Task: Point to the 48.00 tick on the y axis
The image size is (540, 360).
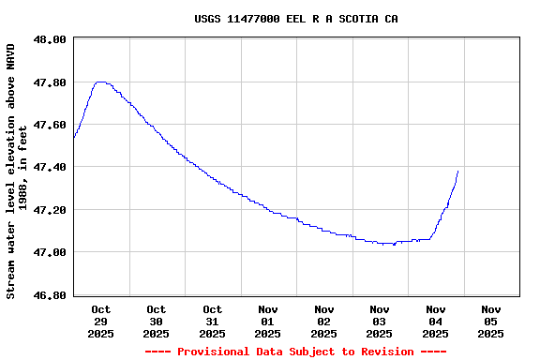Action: click(50, 39)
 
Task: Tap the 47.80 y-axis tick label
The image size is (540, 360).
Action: click(50, 82)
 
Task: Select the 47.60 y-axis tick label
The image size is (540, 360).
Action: click(50, 125)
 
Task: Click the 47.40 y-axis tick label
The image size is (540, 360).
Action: click(50, 167)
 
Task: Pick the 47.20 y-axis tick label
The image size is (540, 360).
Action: click(50, 210)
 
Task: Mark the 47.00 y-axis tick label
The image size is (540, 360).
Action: click(50, 252)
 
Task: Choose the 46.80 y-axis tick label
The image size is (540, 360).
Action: click(50, 295)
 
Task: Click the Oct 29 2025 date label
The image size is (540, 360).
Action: click(100, 321)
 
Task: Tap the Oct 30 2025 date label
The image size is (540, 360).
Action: click(157, 321)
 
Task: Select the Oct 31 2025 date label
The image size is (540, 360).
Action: click(212, 321)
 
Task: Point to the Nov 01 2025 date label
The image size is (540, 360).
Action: click(268, 321)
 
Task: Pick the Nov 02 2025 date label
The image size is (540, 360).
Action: click(323, 321)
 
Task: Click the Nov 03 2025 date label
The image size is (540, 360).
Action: click(380, 321)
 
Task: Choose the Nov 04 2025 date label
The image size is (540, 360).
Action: click(435, 321)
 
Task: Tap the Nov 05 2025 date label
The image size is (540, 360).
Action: click(491, 321)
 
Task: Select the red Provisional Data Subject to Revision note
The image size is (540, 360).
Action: click(295, 352)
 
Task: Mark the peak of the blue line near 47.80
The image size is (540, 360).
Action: click(100, 82)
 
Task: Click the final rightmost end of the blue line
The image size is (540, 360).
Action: click(457, 171)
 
